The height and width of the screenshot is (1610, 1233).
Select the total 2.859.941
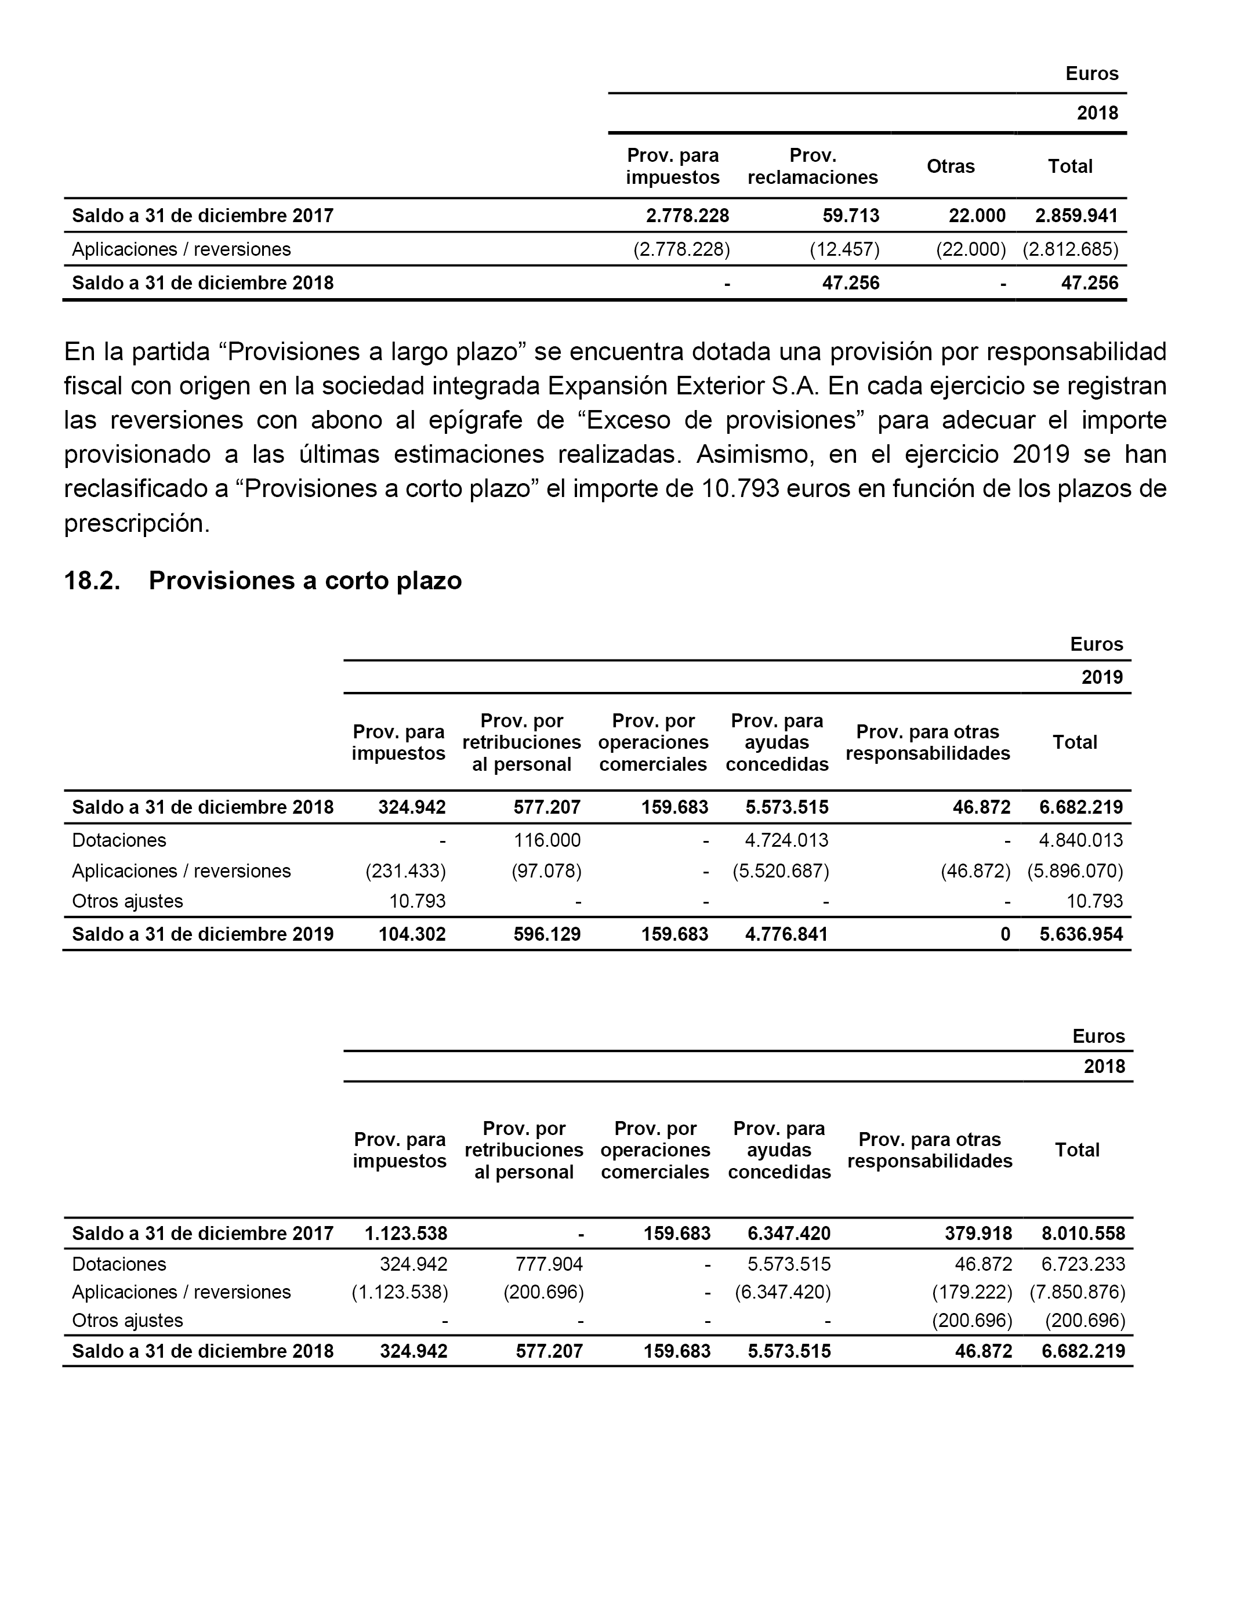(1076, 216)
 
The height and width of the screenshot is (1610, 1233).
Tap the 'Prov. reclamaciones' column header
(813, 166)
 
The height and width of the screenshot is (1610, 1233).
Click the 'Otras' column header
(951, 166)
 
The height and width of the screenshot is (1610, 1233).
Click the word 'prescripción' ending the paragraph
(136, 524)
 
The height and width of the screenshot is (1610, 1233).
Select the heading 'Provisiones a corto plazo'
(305, 581)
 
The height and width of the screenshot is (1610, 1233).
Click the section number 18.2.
(92, 581)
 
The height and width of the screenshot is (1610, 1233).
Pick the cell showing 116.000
(547, 840)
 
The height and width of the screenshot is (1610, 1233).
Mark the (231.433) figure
(405, 871)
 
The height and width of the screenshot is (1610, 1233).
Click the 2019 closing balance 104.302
(412, 934)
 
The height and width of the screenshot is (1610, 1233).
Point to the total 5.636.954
(1081, 934)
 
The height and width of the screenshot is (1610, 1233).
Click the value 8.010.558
(1083, 1234)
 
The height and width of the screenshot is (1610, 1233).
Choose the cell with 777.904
(549, 1264)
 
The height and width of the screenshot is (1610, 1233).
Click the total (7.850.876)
(1076, 1292)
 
